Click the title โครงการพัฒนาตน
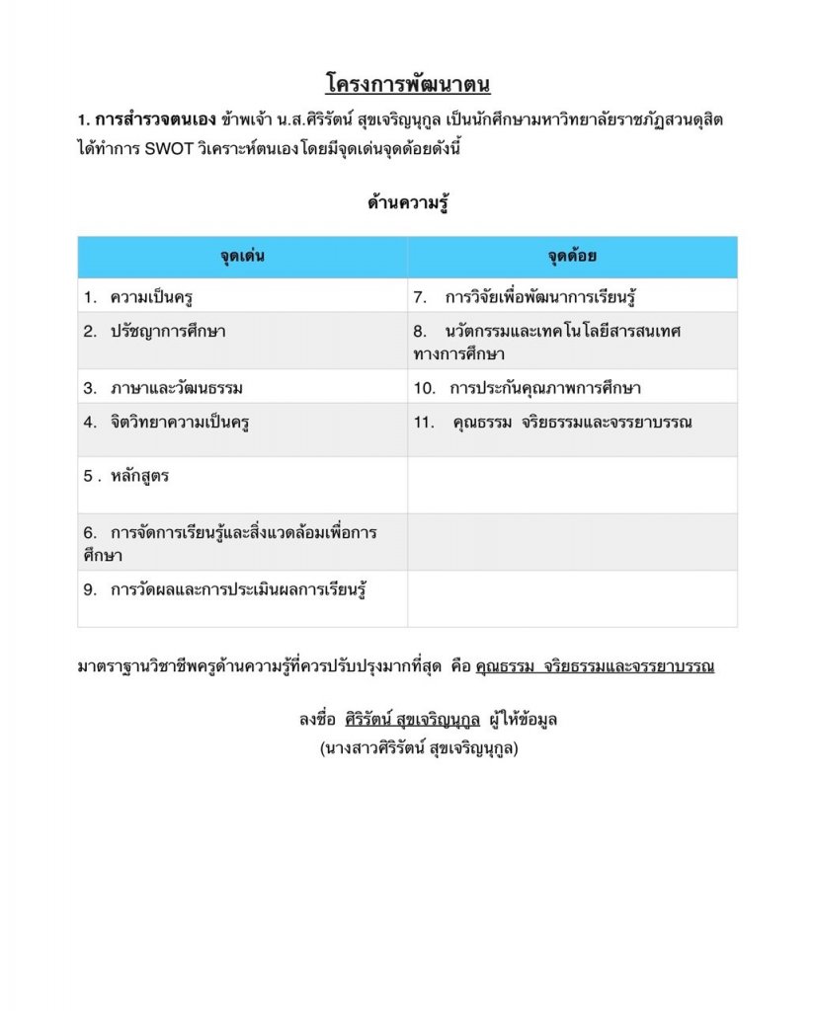point(407,82)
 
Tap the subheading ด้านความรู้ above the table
point(407,204)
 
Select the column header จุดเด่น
point(242,258)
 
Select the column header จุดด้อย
point(572,258)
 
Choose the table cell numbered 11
point(572,423)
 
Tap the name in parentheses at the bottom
point(418,748)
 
